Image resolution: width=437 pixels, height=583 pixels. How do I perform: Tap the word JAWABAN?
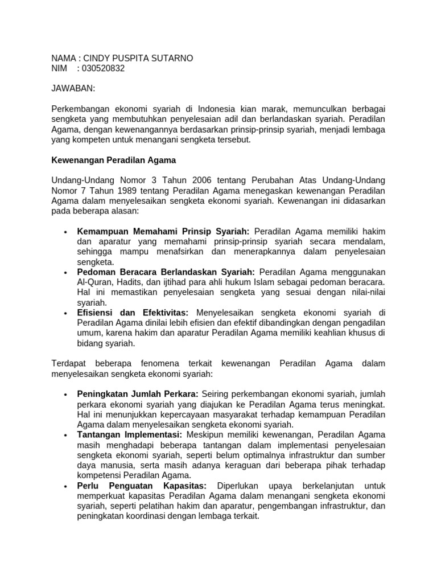click(73, 89)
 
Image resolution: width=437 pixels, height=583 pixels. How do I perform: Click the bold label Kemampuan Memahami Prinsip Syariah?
click(163, 232)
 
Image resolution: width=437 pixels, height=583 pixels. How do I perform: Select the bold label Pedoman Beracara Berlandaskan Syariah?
click(166, 272)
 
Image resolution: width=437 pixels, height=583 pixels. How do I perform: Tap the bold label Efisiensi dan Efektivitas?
click(135, 313)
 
